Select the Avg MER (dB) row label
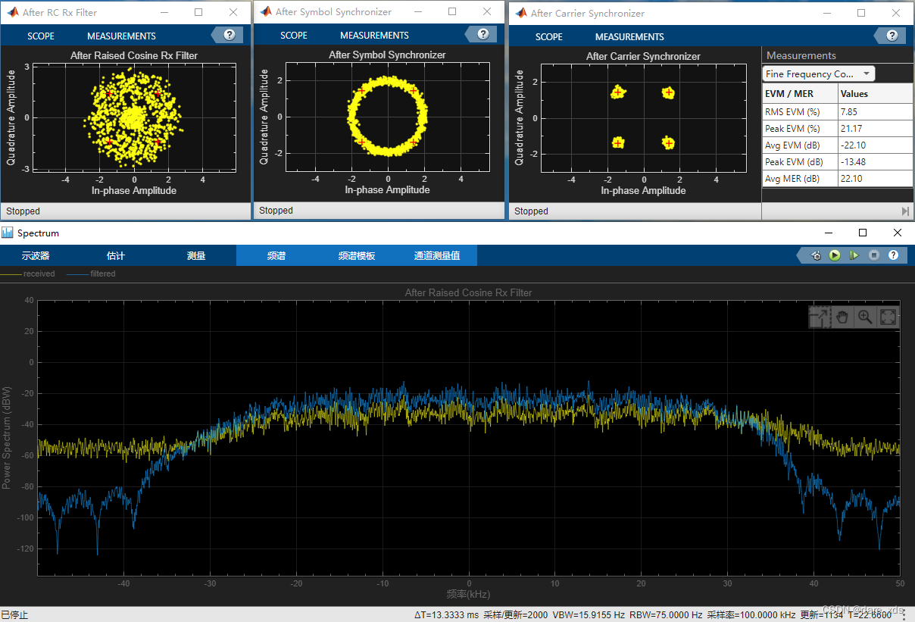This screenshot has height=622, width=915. pyautogui.click(x=792, y=179)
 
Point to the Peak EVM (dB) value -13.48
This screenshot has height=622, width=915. pyautogui.click(x=854, y=162)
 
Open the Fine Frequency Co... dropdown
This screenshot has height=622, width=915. pyautogui.click(x=818, y=73)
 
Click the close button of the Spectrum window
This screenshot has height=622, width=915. pyautogui.click(x=898, y=233)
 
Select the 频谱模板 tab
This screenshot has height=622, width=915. pyautogui.click(x=357, y=255)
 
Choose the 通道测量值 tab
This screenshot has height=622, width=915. pyautogui.click(x=437, y=255)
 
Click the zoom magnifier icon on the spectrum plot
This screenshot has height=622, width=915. pyautogui.click(x=864, y=317)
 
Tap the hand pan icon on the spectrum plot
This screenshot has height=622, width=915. pyautogui.click(x=842, y=317)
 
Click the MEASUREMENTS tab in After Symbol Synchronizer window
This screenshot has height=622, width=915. pyautogui.click(x=374, y=36)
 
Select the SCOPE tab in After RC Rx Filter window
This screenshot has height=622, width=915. pyautogui.click(x=41, y=36)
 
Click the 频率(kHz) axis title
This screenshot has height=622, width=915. pyautogui.click(x=468, y=595)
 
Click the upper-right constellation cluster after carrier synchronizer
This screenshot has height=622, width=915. pyautogui.click(x=668, y=93)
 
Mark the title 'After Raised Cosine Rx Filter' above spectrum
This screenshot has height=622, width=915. pyautogui.click(x=468, y=292)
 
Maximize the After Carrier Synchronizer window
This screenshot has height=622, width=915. pyautogui.click(x=861, y=13)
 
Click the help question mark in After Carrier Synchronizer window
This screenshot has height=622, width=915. pyautogui.click(x=892, y=36)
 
